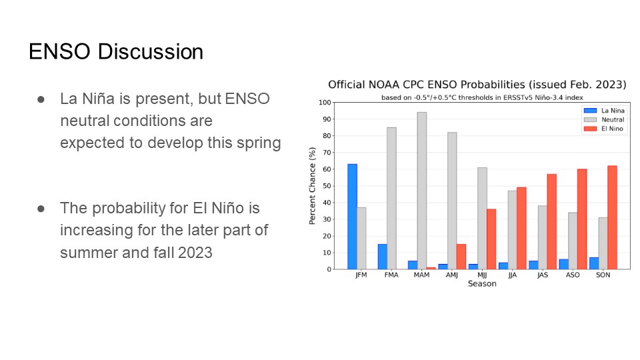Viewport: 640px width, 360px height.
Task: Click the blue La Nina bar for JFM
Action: tap(352, 217)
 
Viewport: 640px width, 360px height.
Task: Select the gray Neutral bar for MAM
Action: tap(421, 191)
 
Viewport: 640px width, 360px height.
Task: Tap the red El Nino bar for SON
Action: tap(612, 217)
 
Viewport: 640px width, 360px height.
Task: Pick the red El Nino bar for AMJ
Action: tap(461, 257)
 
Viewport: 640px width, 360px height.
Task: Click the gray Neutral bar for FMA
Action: tap(391, 199)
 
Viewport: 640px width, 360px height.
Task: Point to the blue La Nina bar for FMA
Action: tap(383, 257)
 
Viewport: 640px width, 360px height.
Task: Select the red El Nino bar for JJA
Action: tap(521, 228)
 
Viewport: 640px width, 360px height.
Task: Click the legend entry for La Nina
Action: tap(604, 111)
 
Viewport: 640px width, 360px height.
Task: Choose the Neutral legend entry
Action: tap(604, 119)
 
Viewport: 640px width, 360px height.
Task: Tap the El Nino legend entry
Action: tap(604, 129)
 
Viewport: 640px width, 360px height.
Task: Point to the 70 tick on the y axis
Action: tap(327, 153)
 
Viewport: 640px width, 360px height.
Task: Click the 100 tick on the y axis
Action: tap(325, 103)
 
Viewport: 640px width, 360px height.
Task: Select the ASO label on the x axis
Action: tap(573, 275)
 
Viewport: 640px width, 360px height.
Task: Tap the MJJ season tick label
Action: tap(482, 275)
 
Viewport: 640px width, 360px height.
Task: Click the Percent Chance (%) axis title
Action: tap(313, 186)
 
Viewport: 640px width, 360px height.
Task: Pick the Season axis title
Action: tap(482, 284)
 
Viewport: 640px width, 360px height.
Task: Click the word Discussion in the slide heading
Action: tap(151, 52)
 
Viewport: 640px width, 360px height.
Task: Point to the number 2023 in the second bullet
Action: tap(195, 253)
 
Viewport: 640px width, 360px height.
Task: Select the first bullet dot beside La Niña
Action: tap(41, 99)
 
